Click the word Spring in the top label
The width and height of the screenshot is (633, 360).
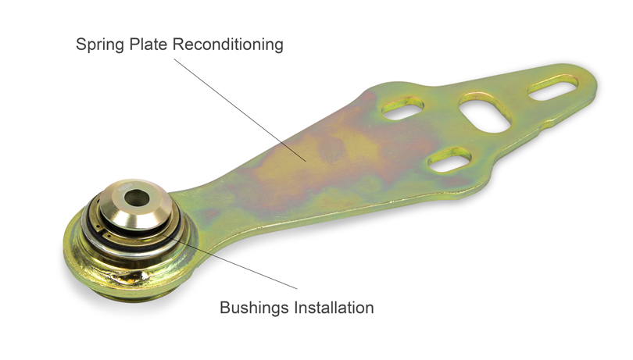coord(100,45)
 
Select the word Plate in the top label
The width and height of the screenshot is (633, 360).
coord(148,44)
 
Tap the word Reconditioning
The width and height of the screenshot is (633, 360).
coord(228,45)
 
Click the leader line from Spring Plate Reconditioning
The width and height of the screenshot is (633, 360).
coord(240,110)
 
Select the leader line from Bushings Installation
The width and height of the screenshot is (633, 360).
coord(230,262)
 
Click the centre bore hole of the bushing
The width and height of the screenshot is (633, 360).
coord(136,198)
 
